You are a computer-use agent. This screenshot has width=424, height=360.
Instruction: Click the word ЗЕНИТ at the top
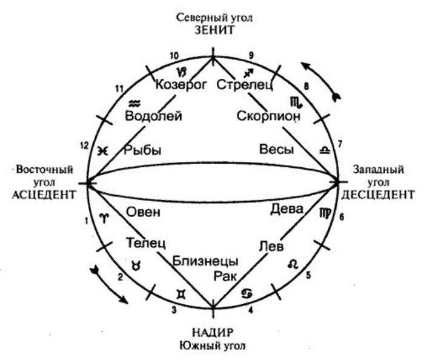coord(214,30)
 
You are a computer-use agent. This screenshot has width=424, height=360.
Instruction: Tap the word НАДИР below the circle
coord(213,332)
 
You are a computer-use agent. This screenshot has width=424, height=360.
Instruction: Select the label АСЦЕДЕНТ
coord(44,195)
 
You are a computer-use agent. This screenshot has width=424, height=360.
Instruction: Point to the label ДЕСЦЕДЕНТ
coord(378,195)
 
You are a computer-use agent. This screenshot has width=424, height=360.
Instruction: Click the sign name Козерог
coord(181,85)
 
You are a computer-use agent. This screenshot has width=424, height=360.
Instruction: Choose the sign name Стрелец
coord(245,85)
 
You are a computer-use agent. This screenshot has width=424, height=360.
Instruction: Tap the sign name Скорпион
coord(268,116)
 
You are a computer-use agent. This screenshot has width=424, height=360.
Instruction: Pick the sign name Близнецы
coord(205,262)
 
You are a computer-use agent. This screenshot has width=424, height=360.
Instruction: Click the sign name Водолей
coord(153,116)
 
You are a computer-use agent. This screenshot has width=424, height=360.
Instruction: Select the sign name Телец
coord(146,242)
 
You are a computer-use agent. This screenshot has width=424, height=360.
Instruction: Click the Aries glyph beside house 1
coord(104,218)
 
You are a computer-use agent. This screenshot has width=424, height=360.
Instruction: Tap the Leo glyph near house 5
coord(293,264)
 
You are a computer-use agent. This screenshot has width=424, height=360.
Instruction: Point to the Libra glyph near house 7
coord(325,150)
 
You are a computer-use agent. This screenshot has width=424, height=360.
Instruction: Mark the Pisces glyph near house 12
coord(103,151)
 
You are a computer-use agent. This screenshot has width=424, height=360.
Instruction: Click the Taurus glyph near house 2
coord(136,265)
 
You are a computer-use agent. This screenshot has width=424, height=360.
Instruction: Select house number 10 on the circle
coord(174,56)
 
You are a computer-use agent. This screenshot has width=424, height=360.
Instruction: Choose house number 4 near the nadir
coord(251,310)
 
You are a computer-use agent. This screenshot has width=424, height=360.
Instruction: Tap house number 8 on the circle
coord(306,86)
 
